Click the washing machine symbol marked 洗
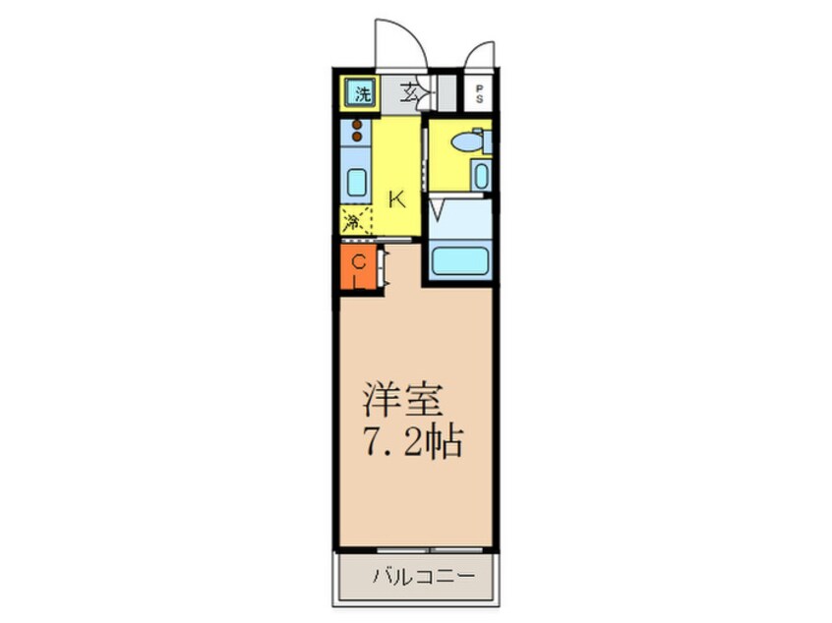point(361,95)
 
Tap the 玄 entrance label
point(412,94)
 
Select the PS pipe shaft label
point(480,95)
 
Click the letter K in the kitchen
point(396,199)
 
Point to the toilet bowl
point(463,143)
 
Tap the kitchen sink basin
point(356,183)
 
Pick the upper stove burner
point(357,125)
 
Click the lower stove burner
point(357,138)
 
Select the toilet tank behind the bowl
point(487,142)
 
